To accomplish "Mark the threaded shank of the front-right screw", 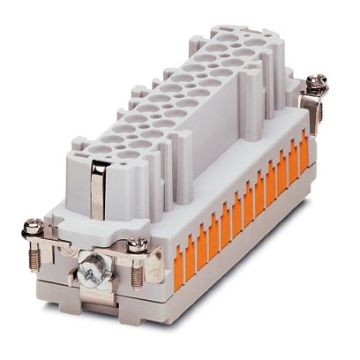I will (x=137, y=274).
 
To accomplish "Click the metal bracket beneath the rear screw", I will (x=309, y=104).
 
